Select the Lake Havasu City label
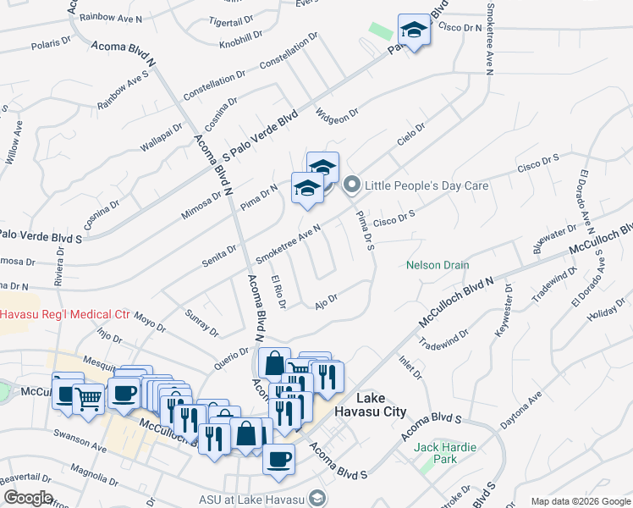pos(381,405)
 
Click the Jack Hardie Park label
pos(446,453)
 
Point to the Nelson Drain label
pos(438,265)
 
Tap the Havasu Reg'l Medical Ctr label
pos(64,314)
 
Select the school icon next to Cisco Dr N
pos(413,31)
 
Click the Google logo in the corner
pos(28,498)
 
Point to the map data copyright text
pos(580,501)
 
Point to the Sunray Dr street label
pos(201,321)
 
